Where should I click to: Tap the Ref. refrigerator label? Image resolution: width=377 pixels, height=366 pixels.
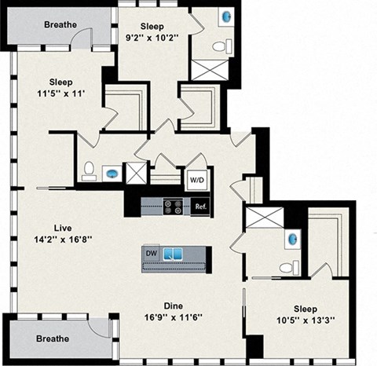point(201,207)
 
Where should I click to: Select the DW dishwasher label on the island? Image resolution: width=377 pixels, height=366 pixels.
point(152,253)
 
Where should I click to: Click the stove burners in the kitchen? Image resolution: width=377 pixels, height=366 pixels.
point(173,207)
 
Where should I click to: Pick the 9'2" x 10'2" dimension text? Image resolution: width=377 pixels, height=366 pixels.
point(154,35)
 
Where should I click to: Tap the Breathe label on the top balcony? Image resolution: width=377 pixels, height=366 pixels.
point(60,24)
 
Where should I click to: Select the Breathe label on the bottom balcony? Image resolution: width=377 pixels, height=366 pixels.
point(52,339)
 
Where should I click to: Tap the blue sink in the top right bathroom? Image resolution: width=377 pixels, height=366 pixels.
point(228,16)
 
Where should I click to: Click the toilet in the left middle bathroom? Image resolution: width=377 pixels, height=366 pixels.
point(89,170)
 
